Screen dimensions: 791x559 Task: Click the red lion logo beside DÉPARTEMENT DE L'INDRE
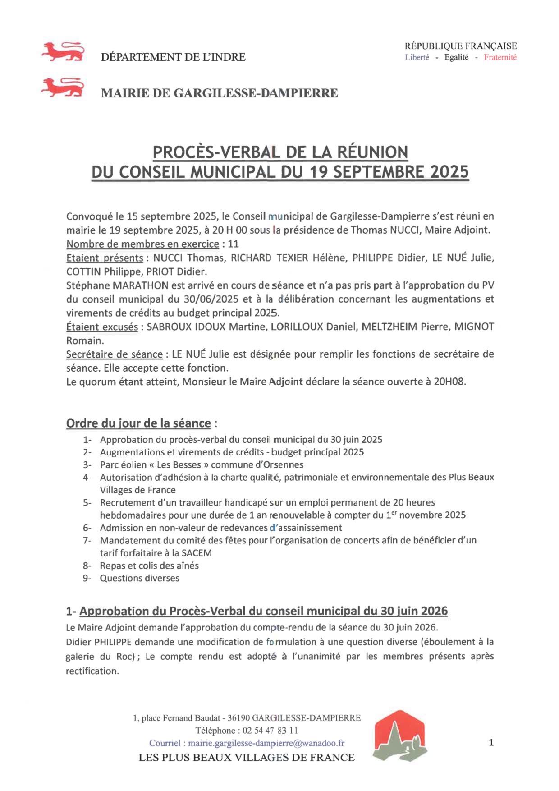click(x=63, y=52)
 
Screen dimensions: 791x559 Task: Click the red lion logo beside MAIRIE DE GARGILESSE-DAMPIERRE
click(x=63, y=87)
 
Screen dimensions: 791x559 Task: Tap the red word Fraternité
click(x=500, y=57)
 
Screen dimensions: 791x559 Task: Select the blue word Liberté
click(x=417, y=57)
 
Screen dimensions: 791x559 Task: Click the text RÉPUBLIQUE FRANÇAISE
click(x=460, y=46)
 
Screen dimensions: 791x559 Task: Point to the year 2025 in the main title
click(x=449, y=172)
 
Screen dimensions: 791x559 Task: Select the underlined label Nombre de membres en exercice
click(x=142, y=244)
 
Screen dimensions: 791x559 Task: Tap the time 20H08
click(x=449, y=382)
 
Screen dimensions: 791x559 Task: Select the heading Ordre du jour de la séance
click(x=138, y=423)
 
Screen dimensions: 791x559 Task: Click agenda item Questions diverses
click(x=139, y=578)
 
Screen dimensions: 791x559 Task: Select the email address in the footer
click(x=266, y=743)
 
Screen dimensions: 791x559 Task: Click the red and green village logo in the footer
click(x=399, y=736)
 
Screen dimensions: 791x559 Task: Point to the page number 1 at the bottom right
click(x=491, y=743)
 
